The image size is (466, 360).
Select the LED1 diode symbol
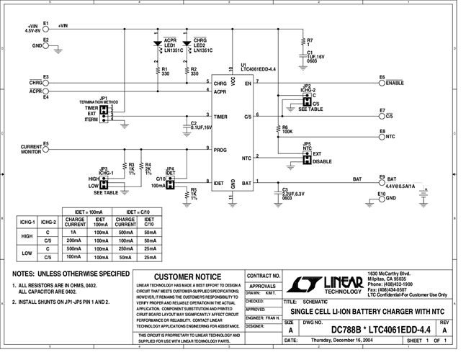(x=157, y=43)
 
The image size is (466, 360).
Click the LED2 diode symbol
(x=187, y=43)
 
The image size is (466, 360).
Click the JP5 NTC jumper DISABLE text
(x=323, y=161)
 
